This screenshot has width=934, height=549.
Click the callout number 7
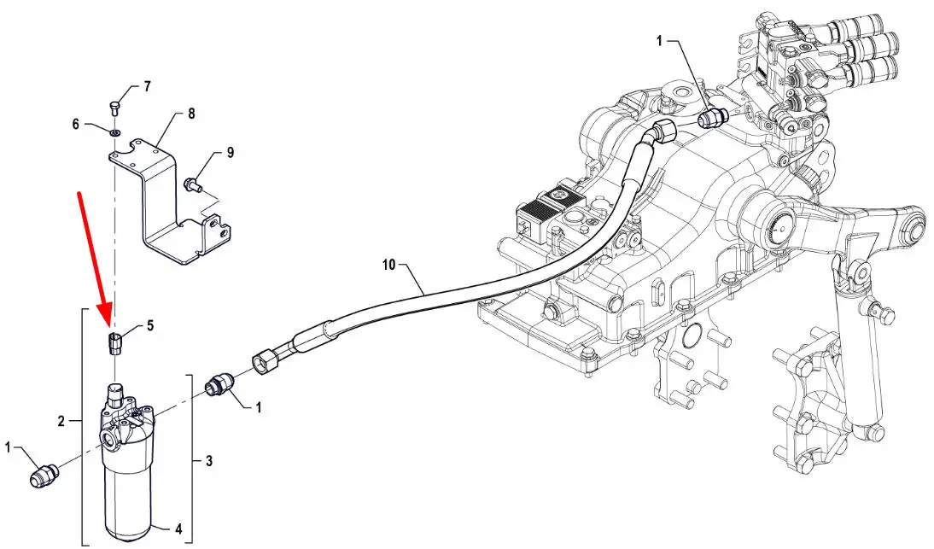[147, 87]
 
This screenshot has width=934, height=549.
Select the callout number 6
[76, 124]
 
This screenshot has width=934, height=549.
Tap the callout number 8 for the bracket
[191, 114]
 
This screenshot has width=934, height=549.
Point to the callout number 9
[230, 153]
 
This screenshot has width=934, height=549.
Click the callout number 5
[150, 325]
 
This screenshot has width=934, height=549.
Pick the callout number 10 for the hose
[389, 264]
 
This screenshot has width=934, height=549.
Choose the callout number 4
[178, 529]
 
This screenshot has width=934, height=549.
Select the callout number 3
[209, 460]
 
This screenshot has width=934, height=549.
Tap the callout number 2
[61, 421]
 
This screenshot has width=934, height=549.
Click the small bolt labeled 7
[115, 108]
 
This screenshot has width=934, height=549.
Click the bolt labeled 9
[193, 184]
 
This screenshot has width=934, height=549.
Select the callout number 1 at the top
[659, 40]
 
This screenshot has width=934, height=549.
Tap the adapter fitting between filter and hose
[219, 385]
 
